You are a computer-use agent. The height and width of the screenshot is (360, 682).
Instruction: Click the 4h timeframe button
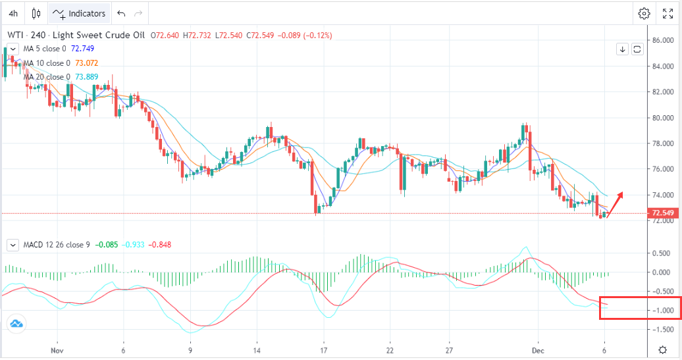pos(13,13)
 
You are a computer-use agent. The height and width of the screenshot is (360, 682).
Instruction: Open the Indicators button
pos(79,13)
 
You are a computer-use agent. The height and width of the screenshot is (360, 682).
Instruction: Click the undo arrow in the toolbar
pos(120,13)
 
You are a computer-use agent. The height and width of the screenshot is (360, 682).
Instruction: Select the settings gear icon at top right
pos(644,13)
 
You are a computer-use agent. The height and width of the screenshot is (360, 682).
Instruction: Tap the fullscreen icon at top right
pos(668,13)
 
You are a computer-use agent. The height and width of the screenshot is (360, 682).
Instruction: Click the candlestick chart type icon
pos(36,13)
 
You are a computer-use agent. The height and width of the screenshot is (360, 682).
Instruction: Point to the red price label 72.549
pos(662,213)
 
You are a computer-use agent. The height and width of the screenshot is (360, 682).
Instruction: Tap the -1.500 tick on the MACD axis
pos(662,329)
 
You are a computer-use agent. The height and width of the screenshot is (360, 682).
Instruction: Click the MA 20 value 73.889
pos(88,77)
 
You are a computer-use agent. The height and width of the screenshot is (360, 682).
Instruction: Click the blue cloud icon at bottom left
pos(16,323)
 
